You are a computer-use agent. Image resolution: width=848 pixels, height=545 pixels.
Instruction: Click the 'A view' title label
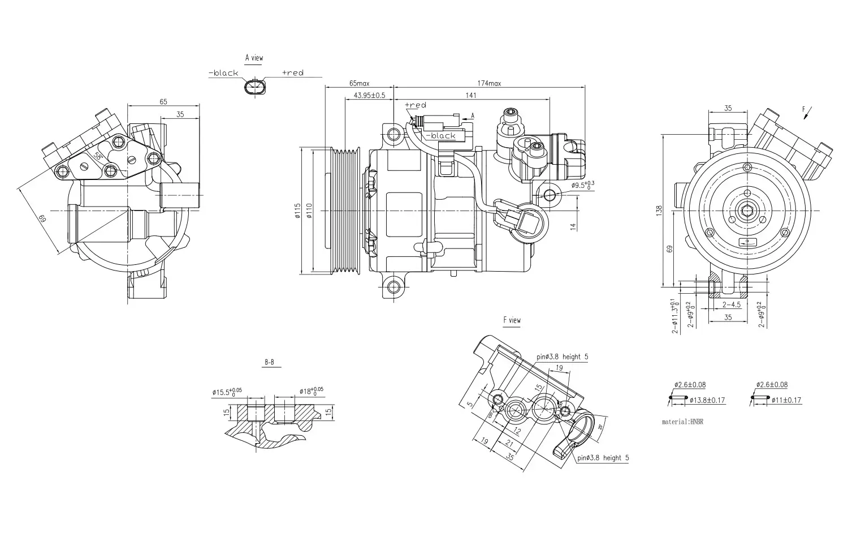(x=254, y=58)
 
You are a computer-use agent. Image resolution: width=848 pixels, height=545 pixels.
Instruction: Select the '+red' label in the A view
(x=292, y=73)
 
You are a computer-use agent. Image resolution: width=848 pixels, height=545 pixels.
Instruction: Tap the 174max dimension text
(x=489, y=83)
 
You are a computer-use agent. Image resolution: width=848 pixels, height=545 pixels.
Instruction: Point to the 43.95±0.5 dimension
(x=369, y=95)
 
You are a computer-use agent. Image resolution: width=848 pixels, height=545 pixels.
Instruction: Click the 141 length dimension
(x=471, y=95)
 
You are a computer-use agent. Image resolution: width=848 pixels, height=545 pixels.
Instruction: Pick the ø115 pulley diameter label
(x=297, y=211)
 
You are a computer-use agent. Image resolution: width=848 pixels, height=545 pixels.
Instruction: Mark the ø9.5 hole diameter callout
(x=582, y=185)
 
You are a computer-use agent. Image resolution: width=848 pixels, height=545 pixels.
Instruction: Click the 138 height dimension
(x=659, y=210)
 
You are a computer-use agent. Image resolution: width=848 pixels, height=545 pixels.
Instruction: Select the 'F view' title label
(x=512, y=320)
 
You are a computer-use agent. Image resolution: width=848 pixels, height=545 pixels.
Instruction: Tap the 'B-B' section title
(x=271, y=362)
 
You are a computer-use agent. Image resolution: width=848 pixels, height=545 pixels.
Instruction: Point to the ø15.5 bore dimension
(x=227, y=392)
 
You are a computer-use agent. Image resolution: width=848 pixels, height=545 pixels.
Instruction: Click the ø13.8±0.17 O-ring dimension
(x=707, y=401)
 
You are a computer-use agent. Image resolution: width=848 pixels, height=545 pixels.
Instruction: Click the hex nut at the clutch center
(x=747, y=212)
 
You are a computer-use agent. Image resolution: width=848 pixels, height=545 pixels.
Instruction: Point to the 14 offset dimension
(x=573, y=226)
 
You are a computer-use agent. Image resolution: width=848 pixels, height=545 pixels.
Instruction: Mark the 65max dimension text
(x=359, y=83)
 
